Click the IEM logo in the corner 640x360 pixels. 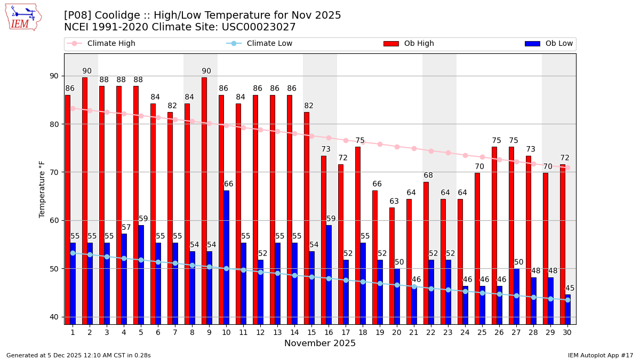(x=23, y=17)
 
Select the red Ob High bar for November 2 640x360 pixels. (x=85, y=200)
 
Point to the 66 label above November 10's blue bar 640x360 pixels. (x=228, y=184)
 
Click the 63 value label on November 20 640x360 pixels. (x=394, y=202)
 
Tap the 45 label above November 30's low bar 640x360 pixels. (x=570, y=289)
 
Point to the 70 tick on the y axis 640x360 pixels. (x=54, y=172)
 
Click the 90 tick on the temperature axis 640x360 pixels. (x=54, y=76)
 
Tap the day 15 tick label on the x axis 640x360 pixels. (x=311, y=332)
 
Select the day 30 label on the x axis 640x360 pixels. (x=567, y=332)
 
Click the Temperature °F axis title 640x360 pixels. (x=42, y=189)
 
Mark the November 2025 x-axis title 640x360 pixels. (x=320, y=343)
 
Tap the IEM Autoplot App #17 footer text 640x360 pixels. (x=601, y=355)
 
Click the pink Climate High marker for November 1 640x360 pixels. (x=73, y=108)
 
